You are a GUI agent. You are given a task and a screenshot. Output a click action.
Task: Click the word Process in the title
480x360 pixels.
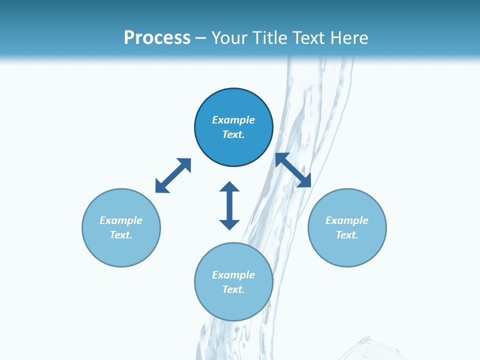[x=157, y=38]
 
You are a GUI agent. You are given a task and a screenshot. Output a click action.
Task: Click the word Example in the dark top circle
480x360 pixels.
[x=233, y=120]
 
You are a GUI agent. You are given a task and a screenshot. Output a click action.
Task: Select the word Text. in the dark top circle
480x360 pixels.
[x=233, y=134]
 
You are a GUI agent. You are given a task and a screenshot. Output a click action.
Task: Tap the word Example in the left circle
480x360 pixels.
[x=121, y=220]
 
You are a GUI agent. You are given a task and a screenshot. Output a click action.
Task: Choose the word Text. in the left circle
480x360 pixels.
[x=121, y=235]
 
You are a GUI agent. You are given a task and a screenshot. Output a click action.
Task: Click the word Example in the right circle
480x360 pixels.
[x=347, y=220]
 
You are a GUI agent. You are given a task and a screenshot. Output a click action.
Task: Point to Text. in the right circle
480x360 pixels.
[x=347, y=235]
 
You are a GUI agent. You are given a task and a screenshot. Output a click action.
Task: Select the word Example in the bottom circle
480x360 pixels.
[x=233, y=275]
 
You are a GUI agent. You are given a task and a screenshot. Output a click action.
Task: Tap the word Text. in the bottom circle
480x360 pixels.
[x=233, y=289]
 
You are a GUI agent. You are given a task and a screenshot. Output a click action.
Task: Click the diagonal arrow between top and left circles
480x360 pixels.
[x=173, y=175]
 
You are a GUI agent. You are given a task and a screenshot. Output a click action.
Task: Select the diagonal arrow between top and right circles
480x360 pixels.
[x=293, y=170]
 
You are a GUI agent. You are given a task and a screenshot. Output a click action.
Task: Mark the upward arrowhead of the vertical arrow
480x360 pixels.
[x=229, y=187]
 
